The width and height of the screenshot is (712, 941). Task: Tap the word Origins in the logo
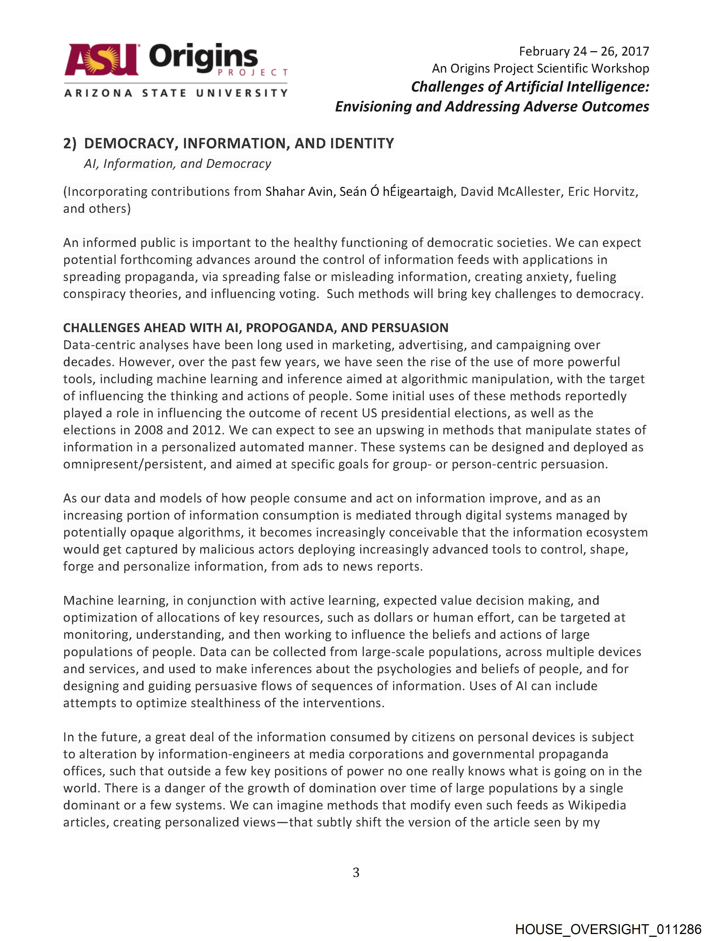(x=203, y=58)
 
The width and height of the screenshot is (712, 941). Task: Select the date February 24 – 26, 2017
(x=584, y=51)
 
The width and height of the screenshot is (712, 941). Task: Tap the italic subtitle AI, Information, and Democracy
(x=177, y=164)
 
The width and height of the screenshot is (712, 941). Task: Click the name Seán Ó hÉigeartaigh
(x=396, y=192)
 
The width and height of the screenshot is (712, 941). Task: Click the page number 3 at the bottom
(x=356, y=873)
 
